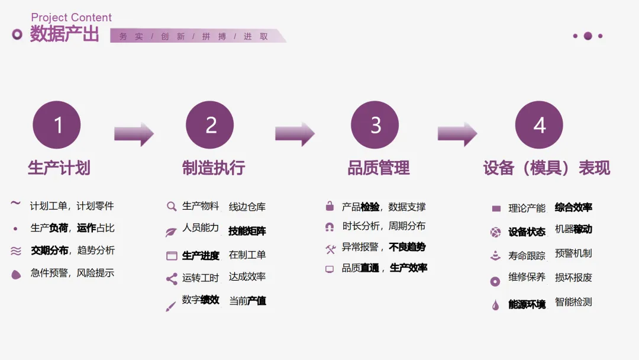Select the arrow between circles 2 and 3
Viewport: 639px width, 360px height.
[x=295, y=134]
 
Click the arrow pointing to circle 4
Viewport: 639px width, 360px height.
[x=457, y=134]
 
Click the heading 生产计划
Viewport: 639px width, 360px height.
[x=59, y=168]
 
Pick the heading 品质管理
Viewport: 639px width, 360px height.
[x=379, y=168]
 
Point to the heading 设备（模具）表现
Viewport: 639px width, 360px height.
[x=546, y=168]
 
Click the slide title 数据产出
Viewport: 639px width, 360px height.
[x=64, y=34]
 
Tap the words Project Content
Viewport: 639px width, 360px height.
[x=71, y=18]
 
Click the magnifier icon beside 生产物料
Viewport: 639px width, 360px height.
[x=172, y=207]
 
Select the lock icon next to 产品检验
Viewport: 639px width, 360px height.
[x=330, y=207]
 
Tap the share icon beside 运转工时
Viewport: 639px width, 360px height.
[x=172, y=278]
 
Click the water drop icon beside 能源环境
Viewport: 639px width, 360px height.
[x=495, y=305]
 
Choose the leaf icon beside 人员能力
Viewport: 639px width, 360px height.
[x=171, y=232]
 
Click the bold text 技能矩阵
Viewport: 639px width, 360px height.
[x=247, y=231]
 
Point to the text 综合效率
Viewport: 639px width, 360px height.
[x=573, y=207]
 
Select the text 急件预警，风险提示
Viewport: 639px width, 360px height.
[x=72, y=273]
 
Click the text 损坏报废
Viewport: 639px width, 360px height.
[x=573, y=277]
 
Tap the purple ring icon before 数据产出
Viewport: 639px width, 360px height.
[x=17, y=34]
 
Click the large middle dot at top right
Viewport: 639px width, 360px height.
[x=588, y=36]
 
